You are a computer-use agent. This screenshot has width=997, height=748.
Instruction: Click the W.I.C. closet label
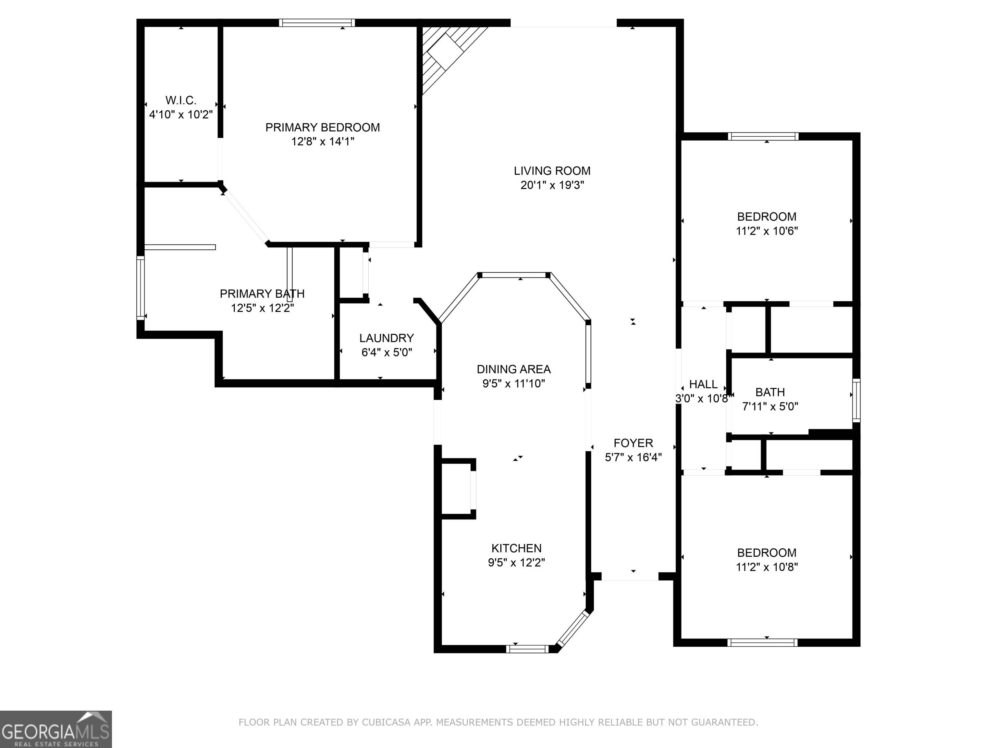[181, 100]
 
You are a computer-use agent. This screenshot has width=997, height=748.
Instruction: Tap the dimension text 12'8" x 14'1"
[323, 142]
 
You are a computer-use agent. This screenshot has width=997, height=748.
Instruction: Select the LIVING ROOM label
[552, 171]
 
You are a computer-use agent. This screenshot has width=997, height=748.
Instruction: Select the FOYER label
[633, 443]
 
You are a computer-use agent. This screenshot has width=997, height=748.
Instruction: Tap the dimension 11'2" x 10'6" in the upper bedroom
[767, 231]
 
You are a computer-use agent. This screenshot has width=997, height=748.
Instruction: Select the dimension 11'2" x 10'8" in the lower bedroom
[767, 567]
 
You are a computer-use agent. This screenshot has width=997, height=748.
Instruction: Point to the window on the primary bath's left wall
[141, 288]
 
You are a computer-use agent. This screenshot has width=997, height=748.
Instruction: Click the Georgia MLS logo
[55, 729]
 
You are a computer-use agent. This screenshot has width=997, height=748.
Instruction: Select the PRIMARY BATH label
[262, 294]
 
